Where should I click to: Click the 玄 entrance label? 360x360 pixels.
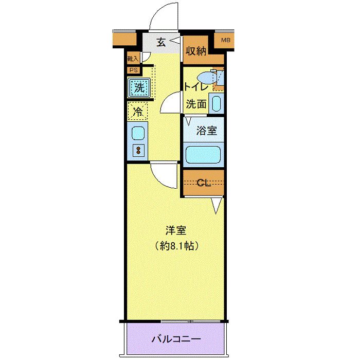click(161, 43)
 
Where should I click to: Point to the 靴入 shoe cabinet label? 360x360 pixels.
click(132, 59)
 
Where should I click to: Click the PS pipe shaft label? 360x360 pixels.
click(133, 70)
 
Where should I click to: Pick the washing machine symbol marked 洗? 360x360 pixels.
click(139, 87)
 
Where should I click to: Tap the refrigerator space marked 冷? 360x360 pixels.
click(138, 110)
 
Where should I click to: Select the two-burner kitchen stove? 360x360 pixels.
click(138, 150)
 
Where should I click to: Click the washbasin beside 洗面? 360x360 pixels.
click(217, 103)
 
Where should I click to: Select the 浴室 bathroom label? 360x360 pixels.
click(206, 131)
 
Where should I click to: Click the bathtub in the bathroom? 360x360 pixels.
click(204, 154)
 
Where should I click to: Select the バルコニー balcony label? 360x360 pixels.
click(175, 339)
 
